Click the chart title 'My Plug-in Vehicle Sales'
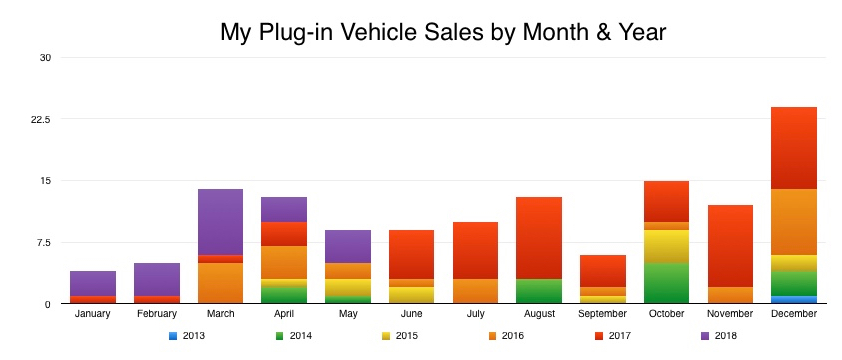tap(442, 32)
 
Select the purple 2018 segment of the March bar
tap(220, 221)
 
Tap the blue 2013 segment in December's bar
tap(794, 299)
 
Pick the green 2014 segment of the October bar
tap(666, 283)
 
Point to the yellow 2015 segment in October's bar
tap(666, 246)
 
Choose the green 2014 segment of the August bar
tap(539, 291)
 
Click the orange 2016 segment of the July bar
tap(475, 291)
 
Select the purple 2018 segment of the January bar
tap(93, 283)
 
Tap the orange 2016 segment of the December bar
tap(794, 221)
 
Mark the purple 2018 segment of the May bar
tap(348, 246)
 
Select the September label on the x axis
tap(602, 314)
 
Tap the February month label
tap(157, 314)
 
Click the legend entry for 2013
tap(186, 335)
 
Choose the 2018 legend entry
tap(718, 335)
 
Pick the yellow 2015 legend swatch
tap(384, 335)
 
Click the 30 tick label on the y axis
tap(44, 57)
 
